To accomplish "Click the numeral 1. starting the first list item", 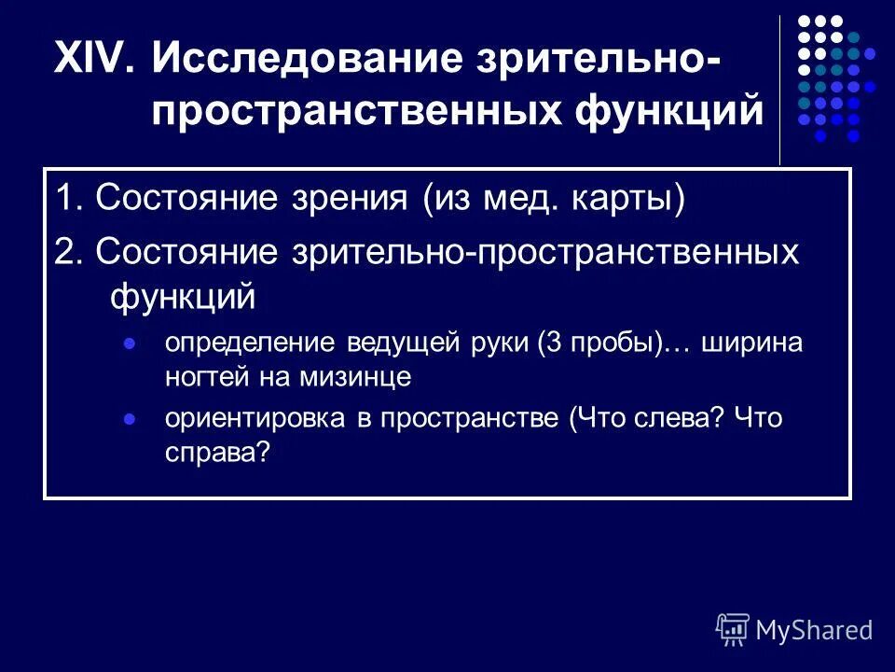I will click(69, 200).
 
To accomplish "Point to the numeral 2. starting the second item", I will click(69, 253).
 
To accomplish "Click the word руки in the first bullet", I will click(499, 343).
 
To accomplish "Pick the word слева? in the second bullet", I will click(671, 418).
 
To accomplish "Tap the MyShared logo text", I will click(814, 630).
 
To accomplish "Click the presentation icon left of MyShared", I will click(733, 630).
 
